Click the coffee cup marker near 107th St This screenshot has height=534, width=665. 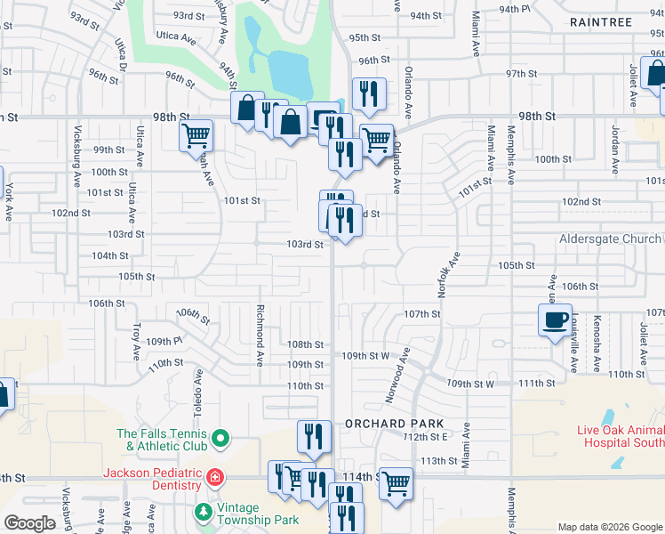[x=556, y=320]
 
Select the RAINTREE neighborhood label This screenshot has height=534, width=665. [x=601, y=21]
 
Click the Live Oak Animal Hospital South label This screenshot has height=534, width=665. [x=621, y=435]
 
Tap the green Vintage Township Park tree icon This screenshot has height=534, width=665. [x=204, y=513]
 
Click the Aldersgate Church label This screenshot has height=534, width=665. [x=610, y=239]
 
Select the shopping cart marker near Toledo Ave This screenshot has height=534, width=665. [x=196, y=136]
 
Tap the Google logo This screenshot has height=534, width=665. [x=29, y=523]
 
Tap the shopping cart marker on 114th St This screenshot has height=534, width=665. [x=396, y=484]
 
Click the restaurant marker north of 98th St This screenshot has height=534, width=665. [x=368, y=93]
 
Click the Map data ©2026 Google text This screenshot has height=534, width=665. [x=609, y=527]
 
